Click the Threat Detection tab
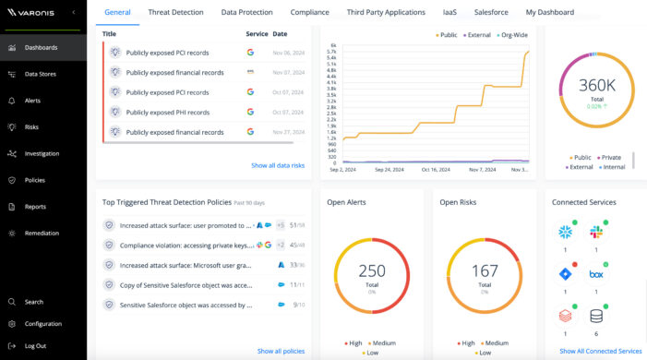click(175, 12)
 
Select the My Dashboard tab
click(550, 12)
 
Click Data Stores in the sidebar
click(40, 74)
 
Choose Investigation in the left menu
click(42, 153)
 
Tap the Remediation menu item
click(42, 233)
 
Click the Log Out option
click(35, 345)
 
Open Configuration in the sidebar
click(42, 324)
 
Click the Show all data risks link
click(277, 165)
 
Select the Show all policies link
click(281, 351)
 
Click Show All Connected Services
click(600, 351)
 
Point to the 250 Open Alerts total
click(372, 270)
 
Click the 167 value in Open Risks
click(485, 270)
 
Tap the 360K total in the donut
click(597, 85)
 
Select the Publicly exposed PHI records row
click(167, 112)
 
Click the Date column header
click(279, 33)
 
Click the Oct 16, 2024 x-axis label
click(436, 170)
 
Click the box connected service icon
click(596, 274)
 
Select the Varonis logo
click(32, 13)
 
